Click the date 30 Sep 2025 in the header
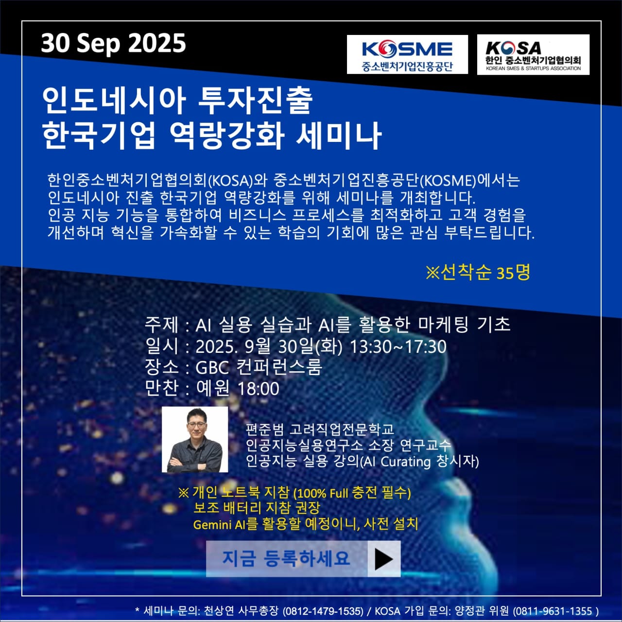coord(113,44)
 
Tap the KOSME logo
coord(407,54)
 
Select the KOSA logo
coord(533,54)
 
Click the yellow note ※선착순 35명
coord(478,273)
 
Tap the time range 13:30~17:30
coord(398,346)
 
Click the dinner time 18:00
coord(258,389)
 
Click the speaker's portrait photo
coord(195,439)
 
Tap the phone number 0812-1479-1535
coord(324,611)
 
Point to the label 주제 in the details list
coord(161,325)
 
